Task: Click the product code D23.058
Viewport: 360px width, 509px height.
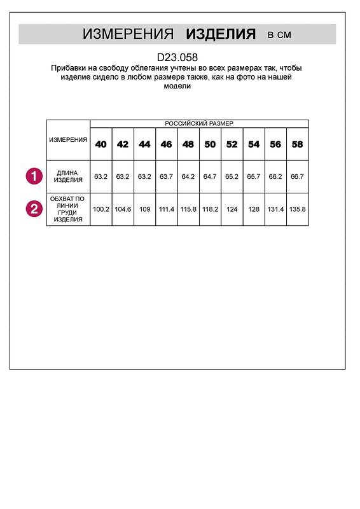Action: [x=177, y=57]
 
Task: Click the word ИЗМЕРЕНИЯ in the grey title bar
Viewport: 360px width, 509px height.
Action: [x=128, y=34]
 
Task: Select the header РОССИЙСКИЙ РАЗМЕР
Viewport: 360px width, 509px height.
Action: [x=199, y=123]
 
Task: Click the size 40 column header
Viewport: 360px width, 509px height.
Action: [x=101, y=144]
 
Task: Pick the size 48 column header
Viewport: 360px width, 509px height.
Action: [x=188, y=144]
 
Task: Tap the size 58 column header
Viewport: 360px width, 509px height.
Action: [x=297, y=144]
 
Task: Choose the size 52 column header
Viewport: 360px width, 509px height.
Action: [x=232, y=144]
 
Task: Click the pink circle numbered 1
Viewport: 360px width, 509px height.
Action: [x=34, y=176]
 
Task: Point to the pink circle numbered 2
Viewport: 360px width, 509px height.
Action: [x=34, y=209]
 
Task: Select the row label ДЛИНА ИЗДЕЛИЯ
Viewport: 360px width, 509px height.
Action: [x=68, y=176]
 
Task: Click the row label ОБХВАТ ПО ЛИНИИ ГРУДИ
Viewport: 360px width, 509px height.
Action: [x=68, y=209]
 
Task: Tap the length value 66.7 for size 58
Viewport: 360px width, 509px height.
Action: [x=297, y=176]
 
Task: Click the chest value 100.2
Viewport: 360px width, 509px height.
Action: [x=101, y=209]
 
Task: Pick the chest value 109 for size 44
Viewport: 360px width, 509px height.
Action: [x=144, y=209]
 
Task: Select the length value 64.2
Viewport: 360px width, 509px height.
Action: [x=188, y=176]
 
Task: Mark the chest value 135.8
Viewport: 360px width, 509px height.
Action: [x=297, y=209]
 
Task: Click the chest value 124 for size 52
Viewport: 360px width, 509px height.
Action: [x=232, y=209]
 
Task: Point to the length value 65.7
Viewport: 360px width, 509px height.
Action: [x=254, y=176]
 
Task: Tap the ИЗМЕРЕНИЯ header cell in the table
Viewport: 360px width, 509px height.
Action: [x=68, y=139]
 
